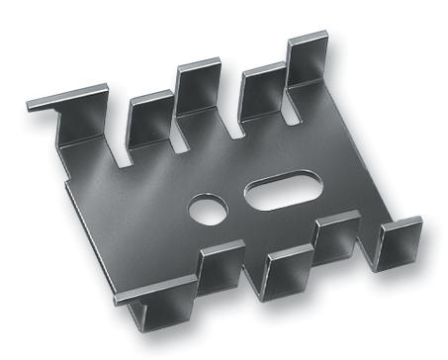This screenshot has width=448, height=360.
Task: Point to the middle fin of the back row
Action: [x=198, y=94]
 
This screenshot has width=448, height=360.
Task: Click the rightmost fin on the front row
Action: [x=401, y=243]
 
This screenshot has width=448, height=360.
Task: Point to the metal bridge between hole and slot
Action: [x=237, y=202]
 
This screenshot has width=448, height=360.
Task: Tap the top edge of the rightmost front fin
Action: [x=401, y=222]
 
